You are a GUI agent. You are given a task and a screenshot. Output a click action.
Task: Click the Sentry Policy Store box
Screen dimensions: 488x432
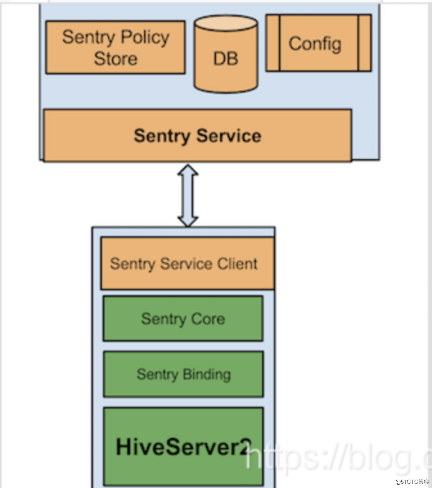tap(115, 47)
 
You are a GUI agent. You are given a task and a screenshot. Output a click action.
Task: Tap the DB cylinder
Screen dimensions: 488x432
tap(226, 59)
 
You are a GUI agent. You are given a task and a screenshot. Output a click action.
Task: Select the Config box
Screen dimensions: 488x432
tap(318, 43)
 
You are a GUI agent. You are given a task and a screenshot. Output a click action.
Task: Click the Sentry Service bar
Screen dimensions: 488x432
tap(197, 136)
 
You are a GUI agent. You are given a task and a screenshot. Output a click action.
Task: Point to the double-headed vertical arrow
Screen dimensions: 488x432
tap(188, 196)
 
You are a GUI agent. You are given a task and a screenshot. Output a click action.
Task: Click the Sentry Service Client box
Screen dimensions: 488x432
tap(187, 264)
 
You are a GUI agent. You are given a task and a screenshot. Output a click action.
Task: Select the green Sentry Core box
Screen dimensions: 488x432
tap(183, 318)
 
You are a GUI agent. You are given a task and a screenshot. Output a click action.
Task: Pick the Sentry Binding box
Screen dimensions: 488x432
tap(183, 374)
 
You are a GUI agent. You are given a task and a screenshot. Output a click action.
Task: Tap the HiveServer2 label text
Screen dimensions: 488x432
tap(183, 447)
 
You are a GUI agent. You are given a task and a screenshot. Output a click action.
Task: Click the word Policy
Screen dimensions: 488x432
tap(145, 37)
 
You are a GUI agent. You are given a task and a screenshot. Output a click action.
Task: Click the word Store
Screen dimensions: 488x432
tap(115, 59)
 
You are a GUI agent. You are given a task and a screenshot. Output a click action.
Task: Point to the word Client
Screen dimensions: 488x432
tap(237, 264)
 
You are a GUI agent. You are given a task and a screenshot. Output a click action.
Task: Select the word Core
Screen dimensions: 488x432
tap(208, 319)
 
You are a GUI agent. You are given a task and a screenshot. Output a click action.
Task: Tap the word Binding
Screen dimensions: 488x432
tap(207, 374)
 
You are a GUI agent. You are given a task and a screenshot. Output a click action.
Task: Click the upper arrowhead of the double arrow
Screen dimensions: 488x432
tap(188, 170)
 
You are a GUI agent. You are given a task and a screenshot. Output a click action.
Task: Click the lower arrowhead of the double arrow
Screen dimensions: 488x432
tap(188, 221)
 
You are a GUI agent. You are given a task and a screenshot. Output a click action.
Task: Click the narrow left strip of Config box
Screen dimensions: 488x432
tap(273, 43)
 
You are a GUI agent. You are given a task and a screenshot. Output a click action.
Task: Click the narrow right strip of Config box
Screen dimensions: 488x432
tap(365, 43)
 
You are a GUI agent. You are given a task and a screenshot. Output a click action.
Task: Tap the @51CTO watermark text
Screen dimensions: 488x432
tap(412, 482)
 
